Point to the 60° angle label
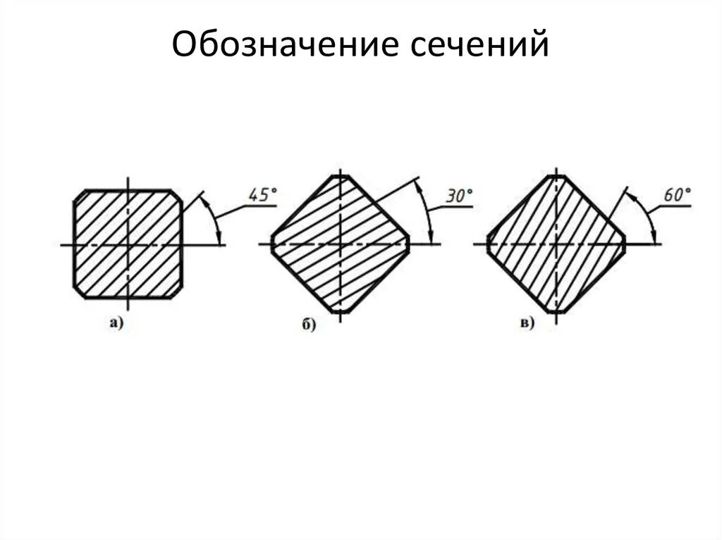pyautogui.click(x=677, y=194)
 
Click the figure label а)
pyautogui.click(x=116, y=323)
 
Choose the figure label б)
pyautogui.click(x=308, y=325)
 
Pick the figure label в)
pyautogui.click(x=527, y=323)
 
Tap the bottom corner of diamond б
pyautogui.click(x=340, y=310)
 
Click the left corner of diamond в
pyautogui.click(x=489, y=244)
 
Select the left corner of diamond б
pyautogui.click(x=272, y=244)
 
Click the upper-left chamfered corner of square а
pyautogui.click(x=79, y=195)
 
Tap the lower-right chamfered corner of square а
pyautogui.click(x=178, y=292)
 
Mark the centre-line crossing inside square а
pyautogui.click(x=128, y=244)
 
